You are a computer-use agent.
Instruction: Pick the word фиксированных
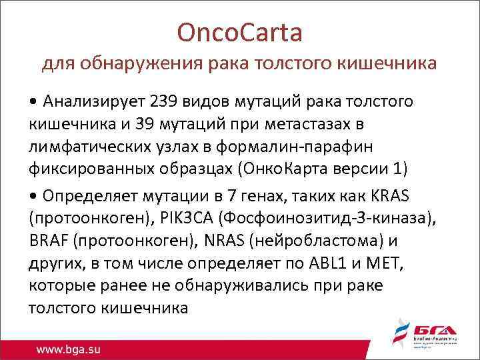tap(89, 168)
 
